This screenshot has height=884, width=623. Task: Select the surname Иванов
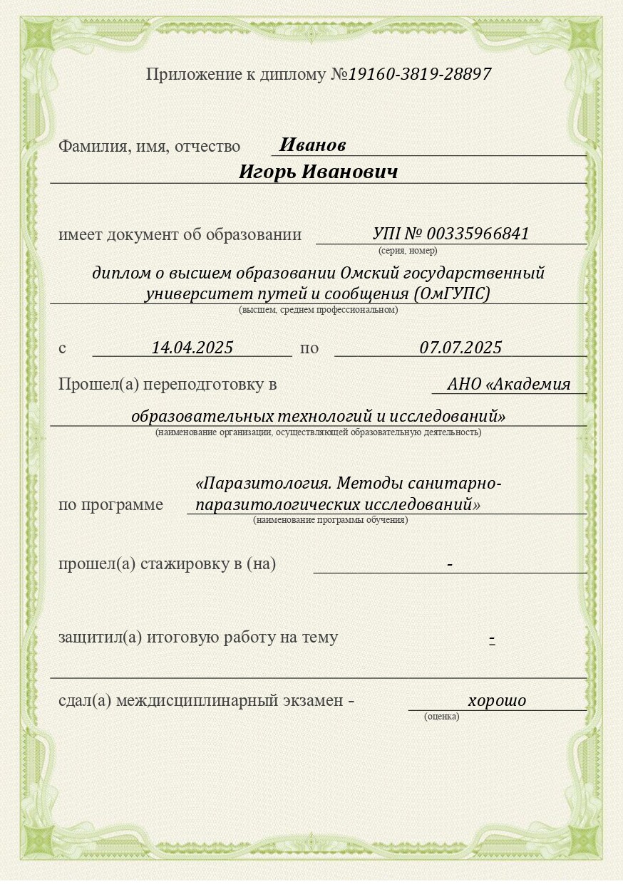click(x=312, y=145)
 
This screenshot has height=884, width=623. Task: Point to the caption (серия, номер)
click(x=408, y=251)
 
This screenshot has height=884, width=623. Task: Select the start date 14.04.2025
click(x=192, y=348)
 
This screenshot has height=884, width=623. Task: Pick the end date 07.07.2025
click(x=460, y=348)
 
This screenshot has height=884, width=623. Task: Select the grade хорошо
click(x=497, y=701)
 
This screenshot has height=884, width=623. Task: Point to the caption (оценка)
click(x=441, y=717)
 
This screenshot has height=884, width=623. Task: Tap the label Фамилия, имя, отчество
click(x=149, y=147)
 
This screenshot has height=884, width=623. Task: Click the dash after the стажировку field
click(x=450, y=564)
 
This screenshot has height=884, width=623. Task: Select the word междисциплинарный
click(x=196, y=701)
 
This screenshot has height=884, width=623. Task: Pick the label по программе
click(x=110, y=505)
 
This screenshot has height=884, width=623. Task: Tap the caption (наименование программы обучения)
click(x=330, y=520)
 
